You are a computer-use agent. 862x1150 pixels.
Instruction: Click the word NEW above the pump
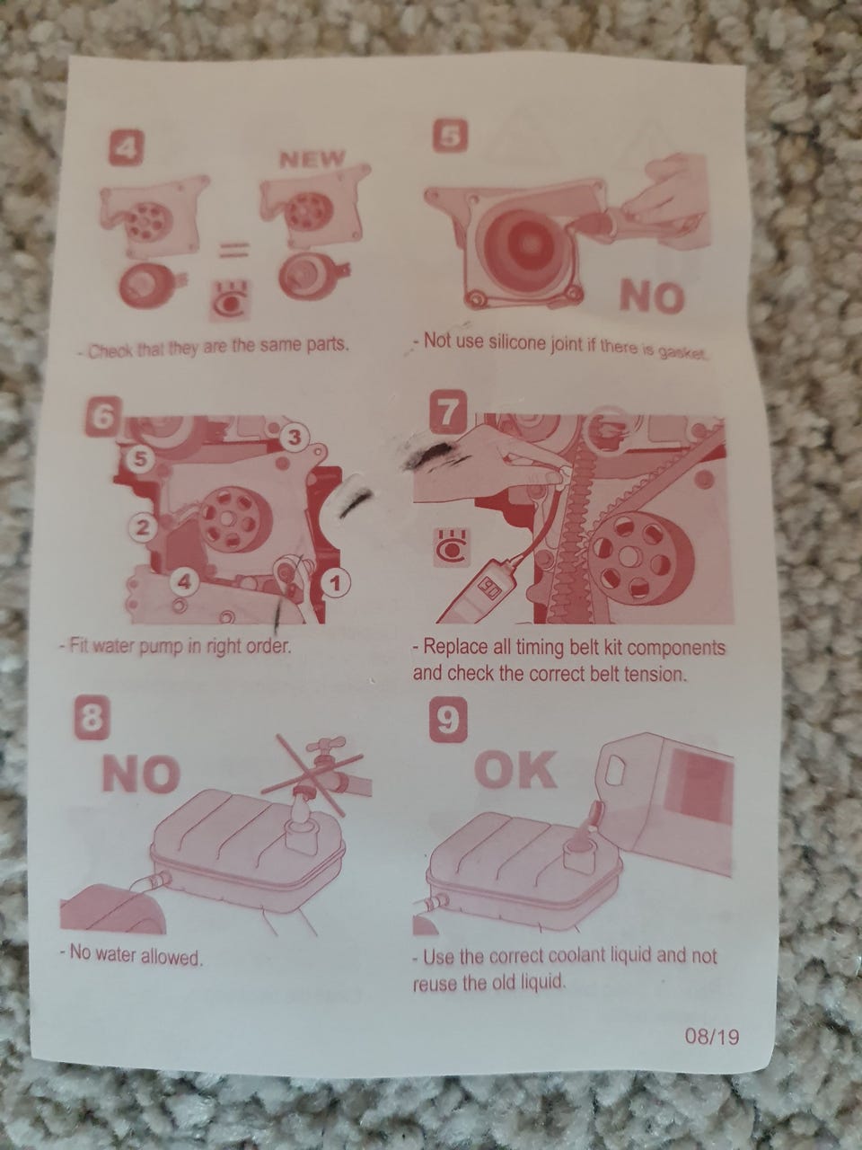[x=313, y=158]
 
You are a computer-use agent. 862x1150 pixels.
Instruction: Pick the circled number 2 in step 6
[x=140, y=527]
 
